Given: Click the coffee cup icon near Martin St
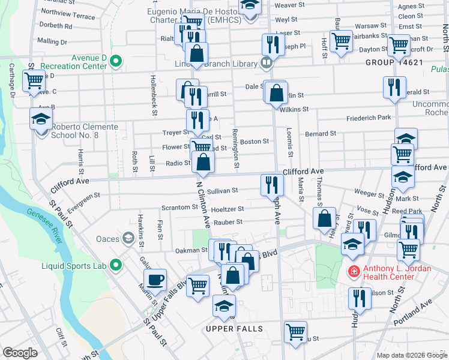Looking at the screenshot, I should tap(155, 280).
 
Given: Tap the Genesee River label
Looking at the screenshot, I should tap(46, 222).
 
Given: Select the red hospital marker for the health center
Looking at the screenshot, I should tap(354, 271).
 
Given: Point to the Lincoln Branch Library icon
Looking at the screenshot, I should tap(266, 62).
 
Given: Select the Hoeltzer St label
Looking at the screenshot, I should tap(228, 209).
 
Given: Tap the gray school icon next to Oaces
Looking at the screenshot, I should tap(128, 239).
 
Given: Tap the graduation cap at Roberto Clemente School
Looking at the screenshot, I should tap(41, 119).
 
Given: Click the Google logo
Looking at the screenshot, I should tap(20, 352).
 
